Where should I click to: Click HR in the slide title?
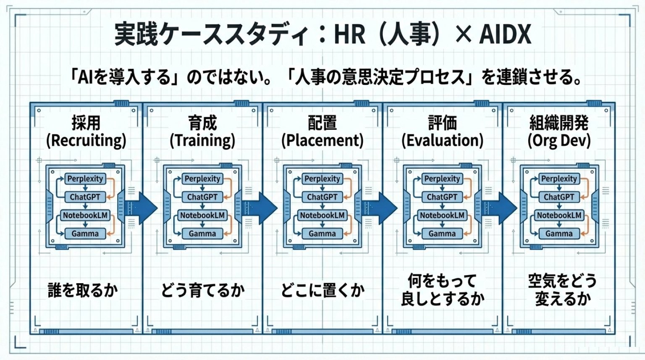point(349,34)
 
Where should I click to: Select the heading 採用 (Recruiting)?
point(86,131)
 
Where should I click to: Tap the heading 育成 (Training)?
point(202,131)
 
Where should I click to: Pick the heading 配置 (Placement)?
point(322,131)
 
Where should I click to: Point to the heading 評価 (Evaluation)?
point(442,131)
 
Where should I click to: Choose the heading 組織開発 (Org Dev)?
point(559,131)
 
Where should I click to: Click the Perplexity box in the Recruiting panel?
point(85,179)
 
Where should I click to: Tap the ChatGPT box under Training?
point(202,197)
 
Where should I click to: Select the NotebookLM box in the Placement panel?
point(322,215)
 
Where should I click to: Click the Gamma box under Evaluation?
point(442,234)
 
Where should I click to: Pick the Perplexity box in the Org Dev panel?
point(559,179)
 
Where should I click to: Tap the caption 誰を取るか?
point(83,290)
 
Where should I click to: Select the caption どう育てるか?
point(203,290)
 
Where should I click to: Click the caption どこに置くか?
point(322,290)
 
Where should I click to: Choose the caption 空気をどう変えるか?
point(562,290)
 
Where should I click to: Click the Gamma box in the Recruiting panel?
point(85,234)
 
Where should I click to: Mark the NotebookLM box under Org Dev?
point(559,215)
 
